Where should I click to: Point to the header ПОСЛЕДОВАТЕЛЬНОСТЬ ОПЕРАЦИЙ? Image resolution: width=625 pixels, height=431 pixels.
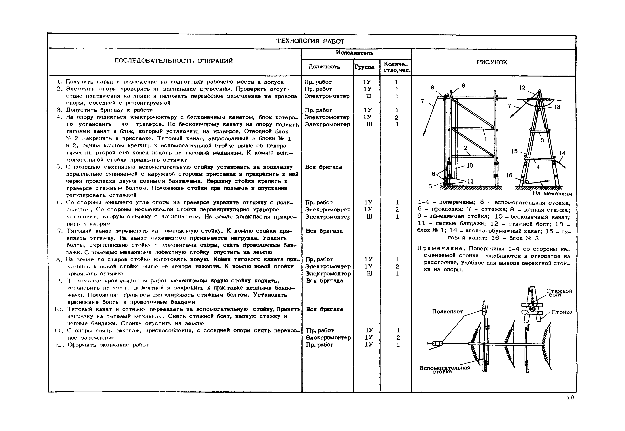click(x=173, y=61)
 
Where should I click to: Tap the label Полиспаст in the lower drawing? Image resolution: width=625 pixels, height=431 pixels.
click(x=447, y=311)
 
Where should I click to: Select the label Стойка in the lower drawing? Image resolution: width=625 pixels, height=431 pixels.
click(x=561, y=312)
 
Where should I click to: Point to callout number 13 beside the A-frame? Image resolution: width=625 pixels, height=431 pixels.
click(x=557, y=107)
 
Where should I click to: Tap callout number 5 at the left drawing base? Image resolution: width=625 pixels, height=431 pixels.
click(x=430, y=186)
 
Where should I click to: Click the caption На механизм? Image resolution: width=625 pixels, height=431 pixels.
click(x=552, y=194)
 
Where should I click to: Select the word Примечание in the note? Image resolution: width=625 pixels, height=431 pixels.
click(x=441, y=248)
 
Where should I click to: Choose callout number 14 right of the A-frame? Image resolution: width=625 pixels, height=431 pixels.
click(x=562, y=153)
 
